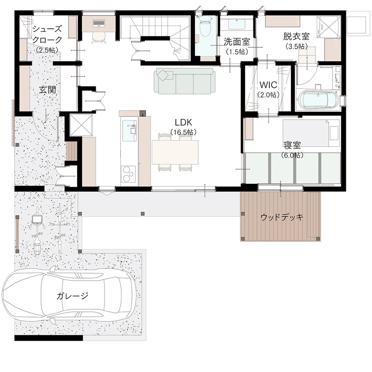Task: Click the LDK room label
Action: (x=182, y=123)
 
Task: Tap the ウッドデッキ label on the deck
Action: (x=282, y=217)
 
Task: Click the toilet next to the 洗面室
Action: (x=205, y=29)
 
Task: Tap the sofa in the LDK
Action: (x=185, y=81)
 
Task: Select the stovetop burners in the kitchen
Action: (x=128, y=174)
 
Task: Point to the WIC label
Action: (x=268, y=85)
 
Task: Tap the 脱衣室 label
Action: (x=296, y=37)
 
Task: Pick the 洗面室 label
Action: (x=236, y=43)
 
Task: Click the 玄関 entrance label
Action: (x=48, y=90)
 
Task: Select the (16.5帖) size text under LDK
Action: (x=183, y=132)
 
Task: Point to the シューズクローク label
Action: (x=47, y=35)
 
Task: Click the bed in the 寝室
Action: (x=306, y=131)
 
